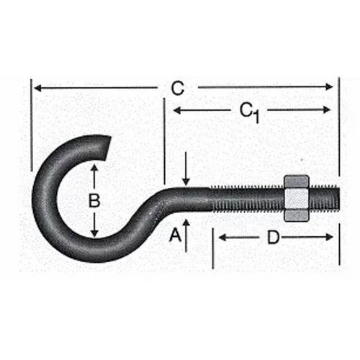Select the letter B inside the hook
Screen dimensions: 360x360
coord(94,201)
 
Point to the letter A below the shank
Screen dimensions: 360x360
coord(173,234)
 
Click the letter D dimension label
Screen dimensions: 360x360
coord(273,238)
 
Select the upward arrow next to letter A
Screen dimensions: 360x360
coord(186,225)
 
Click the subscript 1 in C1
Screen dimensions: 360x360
coord(256,117)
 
